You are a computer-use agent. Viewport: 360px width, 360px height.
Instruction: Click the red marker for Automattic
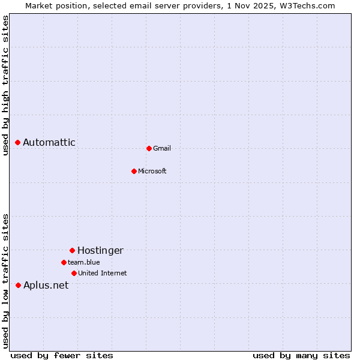pos(18,142)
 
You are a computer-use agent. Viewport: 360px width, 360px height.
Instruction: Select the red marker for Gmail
pos(149,148)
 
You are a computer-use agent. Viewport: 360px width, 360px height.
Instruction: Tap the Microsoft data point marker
pos(134,171)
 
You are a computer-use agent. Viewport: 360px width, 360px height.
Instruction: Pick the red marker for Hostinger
pos(72,250)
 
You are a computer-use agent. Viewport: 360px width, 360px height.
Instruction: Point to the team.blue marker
pos(64,262)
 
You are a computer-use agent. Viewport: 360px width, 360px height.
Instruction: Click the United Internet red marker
pos(74,273)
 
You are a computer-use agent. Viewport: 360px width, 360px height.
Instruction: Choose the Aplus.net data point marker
pos(18,285)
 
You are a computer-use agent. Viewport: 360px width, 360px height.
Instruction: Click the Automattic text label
pos(49,142)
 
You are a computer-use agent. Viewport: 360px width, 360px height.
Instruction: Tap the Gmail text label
pos(162,148)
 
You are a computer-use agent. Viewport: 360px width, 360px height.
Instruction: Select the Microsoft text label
pos(152,171)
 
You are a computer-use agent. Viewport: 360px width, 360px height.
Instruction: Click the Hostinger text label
pos(100,250)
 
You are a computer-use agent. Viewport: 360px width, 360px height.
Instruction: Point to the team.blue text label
pos(84,262)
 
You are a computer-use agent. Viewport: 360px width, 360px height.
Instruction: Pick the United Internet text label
pos(103,273)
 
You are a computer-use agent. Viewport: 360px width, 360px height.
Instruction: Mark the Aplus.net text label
pos(46,285)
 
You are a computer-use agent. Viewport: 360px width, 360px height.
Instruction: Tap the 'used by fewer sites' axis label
pos(62,355)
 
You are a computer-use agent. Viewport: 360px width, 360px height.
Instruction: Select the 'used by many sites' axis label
pos(301,355)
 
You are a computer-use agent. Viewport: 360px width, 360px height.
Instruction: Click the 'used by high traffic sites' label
pos(5,85)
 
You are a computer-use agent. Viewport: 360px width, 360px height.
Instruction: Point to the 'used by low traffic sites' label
pos(5,281)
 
